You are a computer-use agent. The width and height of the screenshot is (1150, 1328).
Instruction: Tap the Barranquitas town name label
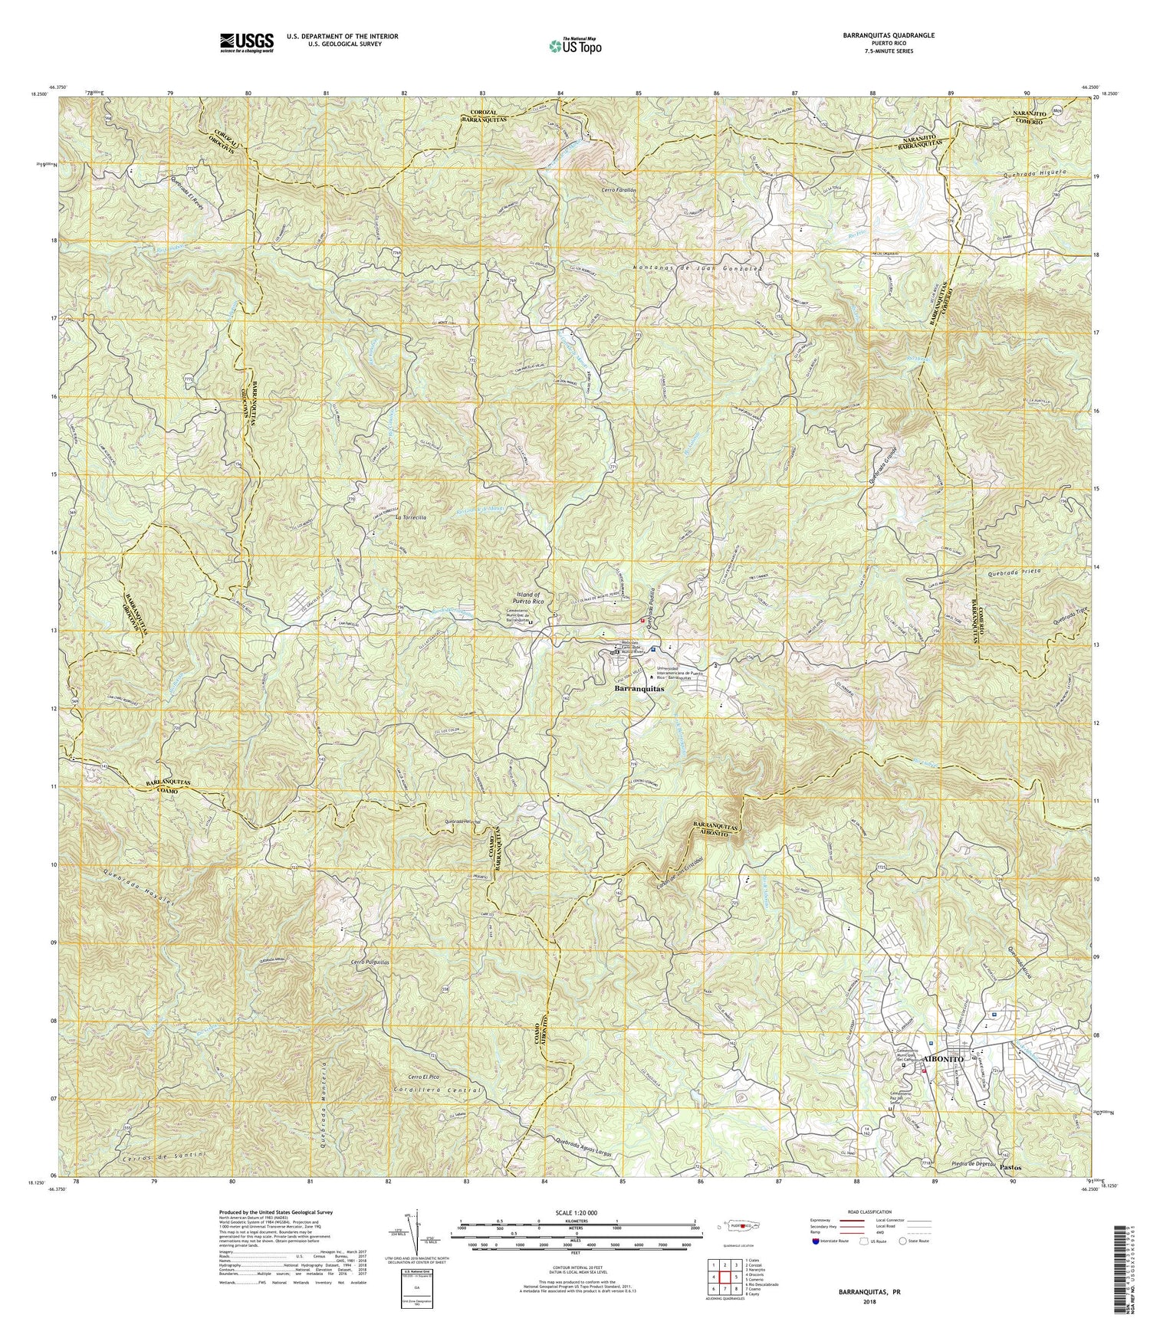(639, 688)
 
